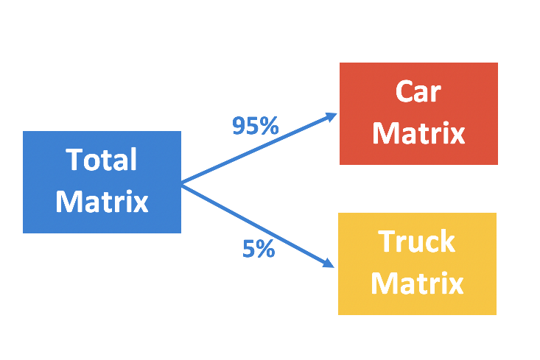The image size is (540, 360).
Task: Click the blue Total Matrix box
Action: (102, 182)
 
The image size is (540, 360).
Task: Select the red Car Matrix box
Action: (418, 113)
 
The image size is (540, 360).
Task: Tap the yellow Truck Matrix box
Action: (417, 264)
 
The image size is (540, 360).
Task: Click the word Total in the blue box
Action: (102, 160)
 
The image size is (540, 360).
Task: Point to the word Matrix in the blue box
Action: (102, 201)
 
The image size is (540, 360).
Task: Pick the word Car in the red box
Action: (418, 92)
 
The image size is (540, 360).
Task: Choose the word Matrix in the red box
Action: (418, 133)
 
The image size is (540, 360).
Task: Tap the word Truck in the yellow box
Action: (417, 241)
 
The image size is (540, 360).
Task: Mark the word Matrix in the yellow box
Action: (417, 283)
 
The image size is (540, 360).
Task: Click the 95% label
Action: (255, 127)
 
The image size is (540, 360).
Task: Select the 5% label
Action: (259, 250)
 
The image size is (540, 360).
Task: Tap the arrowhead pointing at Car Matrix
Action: (332, 116)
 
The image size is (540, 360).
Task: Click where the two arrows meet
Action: (182, 183)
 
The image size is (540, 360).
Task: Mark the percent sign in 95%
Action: (269, 127)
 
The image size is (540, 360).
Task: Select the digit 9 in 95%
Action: (239, 127)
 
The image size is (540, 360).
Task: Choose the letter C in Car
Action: (404, 92)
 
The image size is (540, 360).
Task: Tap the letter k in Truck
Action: (449, 241)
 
